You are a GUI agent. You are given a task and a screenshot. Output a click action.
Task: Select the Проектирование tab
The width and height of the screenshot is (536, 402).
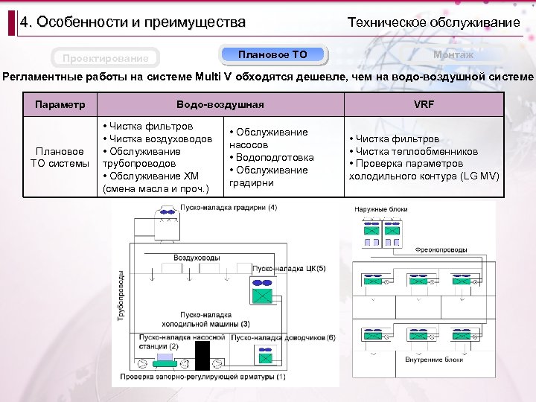[x=105, y=58]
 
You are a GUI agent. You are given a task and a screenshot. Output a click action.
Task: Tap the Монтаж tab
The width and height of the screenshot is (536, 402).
[x=453, y=54]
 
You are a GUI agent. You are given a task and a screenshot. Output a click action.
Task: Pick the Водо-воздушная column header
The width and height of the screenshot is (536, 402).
[x=220, y=104]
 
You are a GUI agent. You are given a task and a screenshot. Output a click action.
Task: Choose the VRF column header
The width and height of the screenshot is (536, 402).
[x=424, y=104]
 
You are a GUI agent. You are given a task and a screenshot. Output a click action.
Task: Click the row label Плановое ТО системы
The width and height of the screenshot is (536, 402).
[x=60, y=157]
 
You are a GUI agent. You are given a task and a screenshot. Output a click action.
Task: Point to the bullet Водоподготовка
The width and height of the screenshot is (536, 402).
[x=274, y=157]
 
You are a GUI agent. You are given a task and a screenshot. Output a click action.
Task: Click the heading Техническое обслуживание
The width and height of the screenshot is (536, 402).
[x=434, y=22]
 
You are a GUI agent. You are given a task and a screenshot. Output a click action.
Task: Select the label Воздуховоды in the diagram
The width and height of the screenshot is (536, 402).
[x=191, y=257]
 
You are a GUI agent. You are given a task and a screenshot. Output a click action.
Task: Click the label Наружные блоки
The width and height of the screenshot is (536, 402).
[x=381, y=210]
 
